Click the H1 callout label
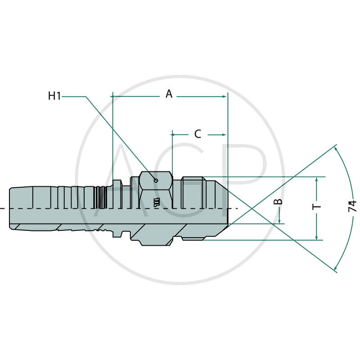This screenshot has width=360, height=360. click(x=54, y=95)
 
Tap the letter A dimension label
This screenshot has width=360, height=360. click(x=169, y=94)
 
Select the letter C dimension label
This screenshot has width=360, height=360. click(x=198, y=134)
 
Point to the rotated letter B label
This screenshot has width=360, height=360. click(x=278, y=202)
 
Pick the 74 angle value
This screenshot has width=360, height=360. click(x=352, y=206)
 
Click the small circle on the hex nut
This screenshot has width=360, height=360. click(x=156, y=180)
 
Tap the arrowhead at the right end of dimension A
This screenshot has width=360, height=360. click(x=225, y=97)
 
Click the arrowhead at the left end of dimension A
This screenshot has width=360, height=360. click(x=113, y=97)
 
